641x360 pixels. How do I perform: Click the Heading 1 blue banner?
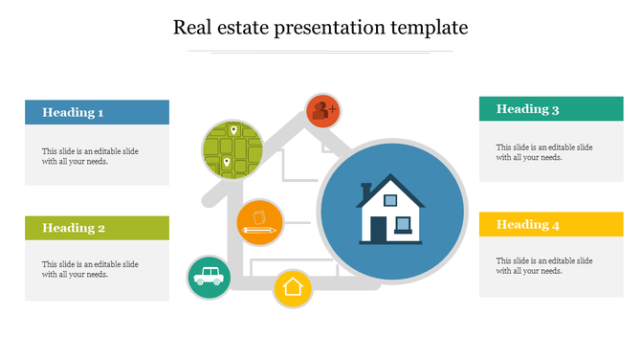(97, 113)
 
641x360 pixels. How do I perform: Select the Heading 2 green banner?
(97, 228)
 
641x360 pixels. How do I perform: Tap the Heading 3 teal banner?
(551, 109)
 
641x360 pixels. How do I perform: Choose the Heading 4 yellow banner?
(551, 225)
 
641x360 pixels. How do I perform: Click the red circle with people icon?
(323, 110)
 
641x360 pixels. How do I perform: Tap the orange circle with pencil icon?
(259, 222)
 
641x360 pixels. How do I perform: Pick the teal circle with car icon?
(208, 277)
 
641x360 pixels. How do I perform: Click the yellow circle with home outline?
(293, 287)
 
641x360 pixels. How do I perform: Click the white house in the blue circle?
(390, 213)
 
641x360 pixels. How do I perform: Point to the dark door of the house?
(379, 230)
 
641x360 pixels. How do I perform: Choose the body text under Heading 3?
(543, 152)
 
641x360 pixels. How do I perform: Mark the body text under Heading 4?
(543, 265)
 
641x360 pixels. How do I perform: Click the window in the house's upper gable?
(391, 201)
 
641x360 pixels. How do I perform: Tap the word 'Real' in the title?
(191, 27)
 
